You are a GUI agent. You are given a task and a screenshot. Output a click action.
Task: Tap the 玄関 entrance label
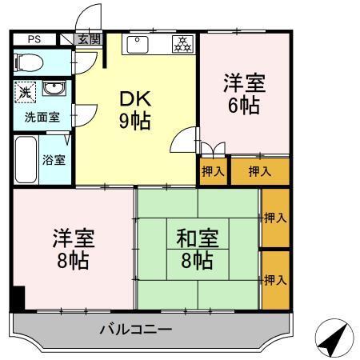90,38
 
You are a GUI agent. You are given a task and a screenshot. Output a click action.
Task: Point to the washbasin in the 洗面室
54,88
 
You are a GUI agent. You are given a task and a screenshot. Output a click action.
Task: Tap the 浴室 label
54,158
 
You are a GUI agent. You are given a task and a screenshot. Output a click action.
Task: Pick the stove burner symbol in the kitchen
182,45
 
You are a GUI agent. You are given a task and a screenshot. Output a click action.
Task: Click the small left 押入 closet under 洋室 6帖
214,171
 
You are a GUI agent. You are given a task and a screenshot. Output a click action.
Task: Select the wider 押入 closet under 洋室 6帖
259,171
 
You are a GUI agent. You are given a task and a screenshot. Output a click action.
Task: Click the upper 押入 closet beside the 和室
274,218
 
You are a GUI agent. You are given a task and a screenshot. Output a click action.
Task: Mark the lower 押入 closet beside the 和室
274,280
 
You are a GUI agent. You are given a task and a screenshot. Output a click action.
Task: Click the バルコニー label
136,329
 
